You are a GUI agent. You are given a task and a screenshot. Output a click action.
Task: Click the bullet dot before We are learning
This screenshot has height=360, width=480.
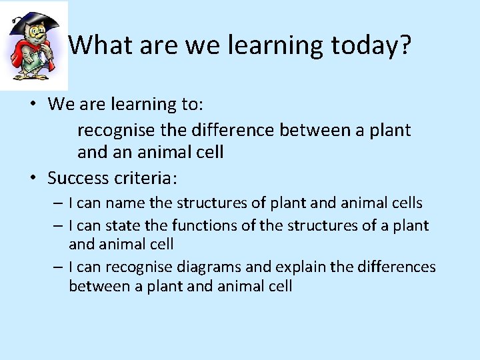tap(34, 105)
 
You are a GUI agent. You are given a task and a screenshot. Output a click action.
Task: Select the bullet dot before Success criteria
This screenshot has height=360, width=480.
tap(34, 179)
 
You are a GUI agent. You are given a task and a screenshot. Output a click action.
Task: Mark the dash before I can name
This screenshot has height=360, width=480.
tap(59, 203)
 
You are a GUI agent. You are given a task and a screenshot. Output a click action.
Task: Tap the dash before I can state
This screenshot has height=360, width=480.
tap(59, 226)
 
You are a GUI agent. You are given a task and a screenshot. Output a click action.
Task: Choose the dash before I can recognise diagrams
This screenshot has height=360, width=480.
tap(59, 267)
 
